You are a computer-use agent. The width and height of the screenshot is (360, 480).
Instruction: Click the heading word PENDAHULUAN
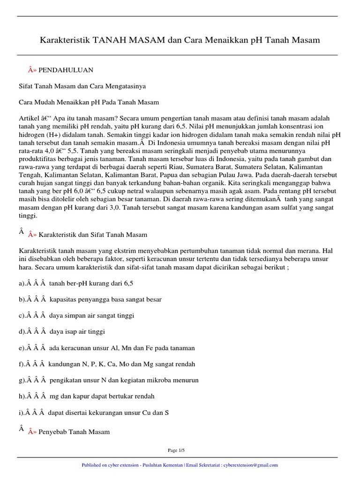[x=66, y=70]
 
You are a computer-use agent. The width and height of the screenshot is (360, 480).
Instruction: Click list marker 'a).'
[x=22, y=284]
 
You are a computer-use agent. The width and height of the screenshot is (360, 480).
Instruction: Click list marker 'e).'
[x=22, y=348]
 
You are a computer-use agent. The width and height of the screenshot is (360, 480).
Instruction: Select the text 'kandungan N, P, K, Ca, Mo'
[x=87, y=364]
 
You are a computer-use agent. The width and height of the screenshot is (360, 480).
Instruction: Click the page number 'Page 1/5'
[x=177, y=450]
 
